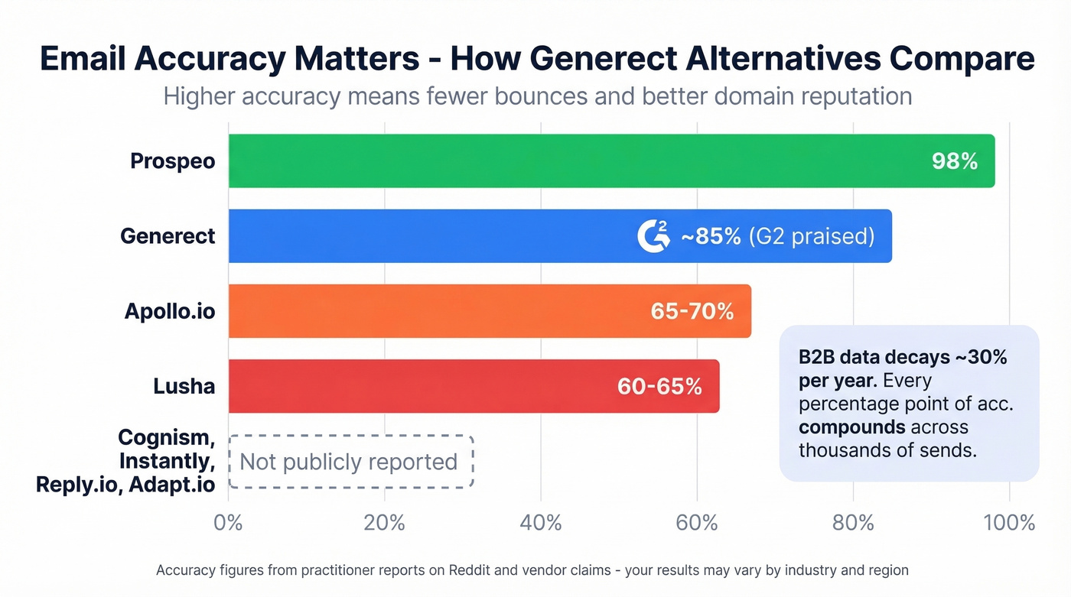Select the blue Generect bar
pyautogui.click(x=428, y=236)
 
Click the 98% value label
pyautogui.click(x=955, y=161)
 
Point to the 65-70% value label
pyautogui.click(x=692, y=311)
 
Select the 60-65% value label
pyautogui.click(x=659, y=386)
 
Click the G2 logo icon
pyautogui.click(x=653, y=235)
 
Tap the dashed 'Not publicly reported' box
pyautogui.click(x=350, y=462)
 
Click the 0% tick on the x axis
pyautogui.click(x=228, y=523)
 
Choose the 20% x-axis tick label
pyautogui.click(x=384, y=523)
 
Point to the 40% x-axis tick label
pyautogui.click(x=540, y=523)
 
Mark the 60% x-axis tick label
pyautogui.click(x=697, y=523)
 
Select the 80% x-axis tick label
pyautogui.click(x=853, y=523)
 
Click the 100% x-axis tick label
pyautogui.click(x=1009, y=523)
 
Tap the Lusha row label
pyautogui.click(x=184, y=386)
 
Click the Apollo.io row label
pyautogui.click(x=170, y=311)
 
